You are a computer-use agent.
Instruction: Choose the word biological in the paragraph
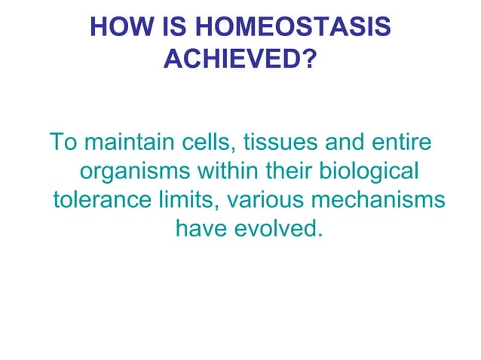364,171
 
